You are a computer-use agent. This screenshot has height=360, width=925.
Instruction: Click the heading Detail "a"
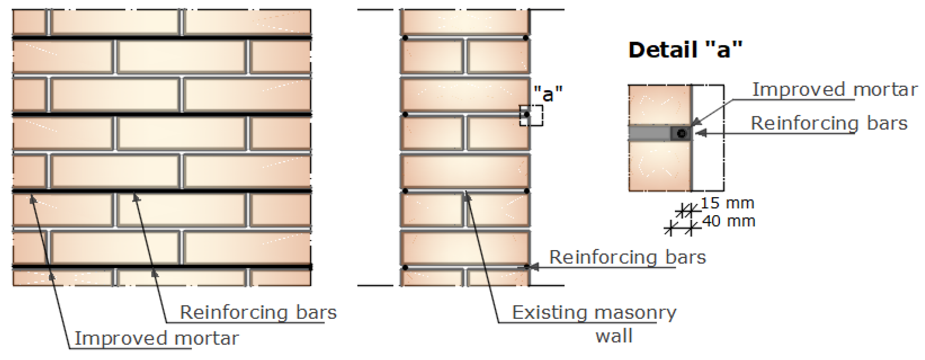[685, 50]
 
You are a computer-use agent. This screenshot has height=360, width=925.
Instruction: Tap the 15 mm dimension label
[727, 203]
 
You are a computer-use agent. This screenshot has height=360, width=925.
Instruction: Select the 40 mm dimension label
[729, 221]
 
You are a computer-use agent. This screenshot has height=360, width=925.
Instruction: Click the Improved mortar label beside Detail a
[834, 90]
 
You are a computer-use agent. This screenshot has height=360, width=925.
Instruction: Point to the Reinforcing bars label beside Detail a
[829, 123]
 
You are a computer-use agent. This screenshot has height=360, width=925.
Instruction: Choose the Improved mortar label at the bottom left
[157, 338]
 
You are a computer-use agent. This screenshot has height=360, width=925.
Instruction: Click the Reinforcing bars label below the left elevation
[258, 312]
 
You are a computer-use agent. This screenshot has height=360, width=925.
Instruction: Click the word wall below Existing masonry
[614, 336]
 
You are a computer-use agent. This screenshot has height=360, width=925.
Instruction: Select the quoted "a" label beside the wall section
[548, 93]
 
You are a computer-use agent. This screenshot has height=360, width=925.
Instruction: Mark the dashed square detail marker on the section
[531, 115]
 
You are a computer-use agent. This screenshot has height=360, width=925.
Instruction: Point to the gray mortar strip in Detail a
[649, 133]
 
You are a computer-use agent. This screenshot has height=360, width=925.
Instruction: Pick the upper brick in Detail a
[659, 105]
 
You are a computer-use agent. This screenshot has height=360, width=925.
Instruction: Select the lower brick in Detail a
[659, 166]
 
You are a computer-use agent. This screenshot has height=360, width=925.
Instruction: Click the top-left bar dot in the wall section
[405, 38]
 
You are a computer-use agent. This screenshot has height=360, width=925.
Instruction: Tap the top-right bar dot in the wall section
[525, 38]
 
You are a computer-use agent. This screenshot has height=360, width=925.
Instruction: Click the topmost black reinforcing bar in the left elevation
[162, 38]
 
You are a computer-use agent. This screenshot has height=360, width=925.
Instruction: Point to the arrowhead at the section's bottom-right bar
[533, 267]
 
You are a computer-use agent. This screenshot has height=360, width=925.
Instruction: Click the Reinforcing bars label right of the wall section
[627, 257]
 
